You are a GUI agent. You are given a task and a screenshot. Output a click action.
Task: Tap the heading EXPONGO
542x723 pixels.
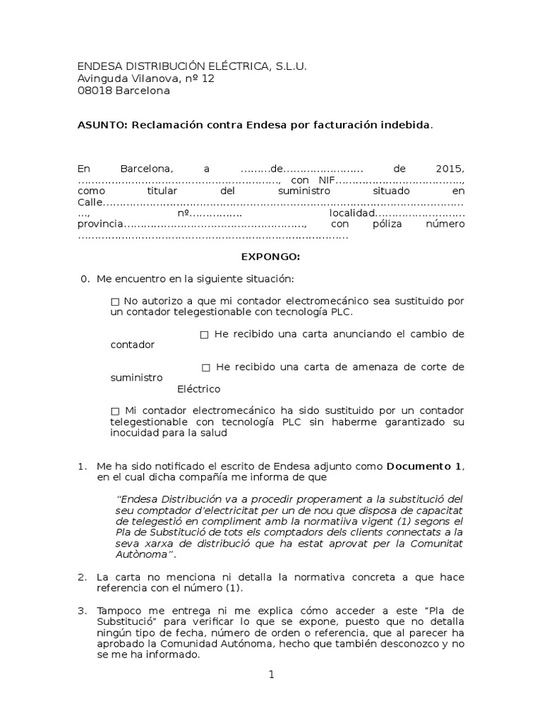pos(271,257)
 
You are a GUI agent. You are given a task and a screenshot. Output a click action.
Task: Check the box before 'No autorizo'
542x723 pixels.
pos(116,301)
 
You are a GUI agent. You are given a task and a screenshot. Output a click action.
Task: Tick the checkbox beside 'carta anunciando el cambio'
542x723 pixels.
pos(205,335)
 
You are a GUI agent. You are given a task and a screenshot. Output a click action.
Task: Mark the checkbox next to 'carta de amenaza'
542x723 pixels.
pos(206,368)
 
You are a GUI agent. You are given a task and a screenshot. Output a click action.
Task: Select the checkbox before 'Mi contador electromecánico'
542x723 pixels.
pos(116,411)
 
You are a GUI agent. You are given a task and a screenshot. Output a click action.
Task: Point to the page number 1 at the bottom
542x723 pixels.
pos(271,675)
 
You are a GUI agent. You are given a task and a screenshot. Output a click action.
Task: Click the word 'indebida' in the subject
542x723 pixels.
pos(405,124)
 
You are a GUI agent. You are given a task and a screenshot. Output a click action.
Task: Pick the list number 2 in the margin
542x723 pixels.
pos(82,578)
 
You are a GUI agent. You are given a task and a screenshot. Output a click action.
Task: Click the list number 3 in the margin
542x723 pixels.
pos(82,610)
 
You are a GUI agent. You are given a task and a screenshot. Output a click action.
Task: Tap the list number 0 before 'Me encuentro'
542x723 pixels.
pos(85,280)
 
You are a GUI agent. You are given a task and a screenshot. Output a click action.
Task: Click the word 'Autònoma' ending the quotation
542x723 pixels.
pos(145,555)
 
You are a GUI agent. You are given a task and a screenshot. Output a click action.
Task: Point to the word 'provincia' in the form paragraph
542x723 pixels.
pos(100,225)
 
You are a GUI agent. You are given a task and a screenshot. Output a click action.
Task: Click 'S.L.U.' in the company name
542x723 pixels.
pos(290,66)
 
